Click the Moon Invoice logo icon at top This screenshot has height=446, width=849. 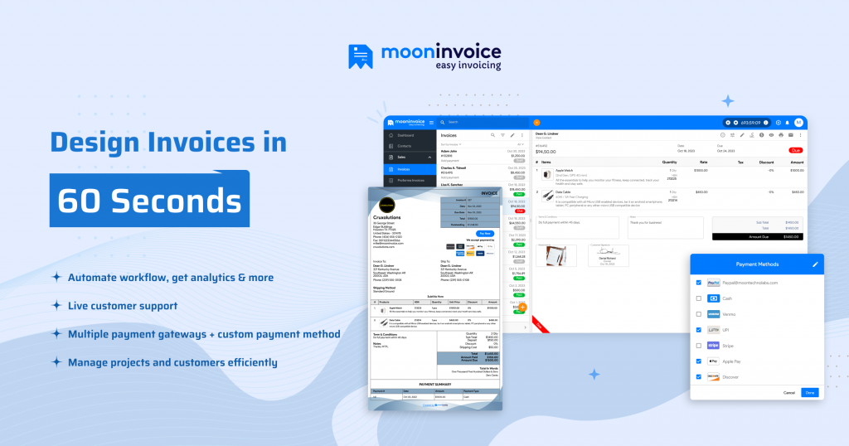(361, 56)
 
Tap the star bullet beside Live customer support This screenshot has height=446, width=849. (56, 306)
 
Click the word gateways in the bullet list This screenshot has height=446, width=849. (212, 334)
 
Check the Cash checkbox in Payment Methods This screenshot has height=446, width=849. (698, 298)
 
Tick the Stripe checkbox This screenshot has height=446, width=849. (698, 346)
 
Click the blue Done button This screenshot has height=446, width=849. (809, 392)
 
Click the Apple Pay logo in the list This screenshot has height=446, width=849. (713, 361)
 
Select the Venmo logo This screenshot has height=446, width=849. (713, 314)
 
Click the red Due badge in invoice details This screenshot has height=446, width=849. (796, 150)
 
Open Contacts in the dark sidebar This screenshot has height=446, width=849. (405, 146)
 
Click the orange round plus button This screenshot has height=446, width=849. (522, 307)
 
